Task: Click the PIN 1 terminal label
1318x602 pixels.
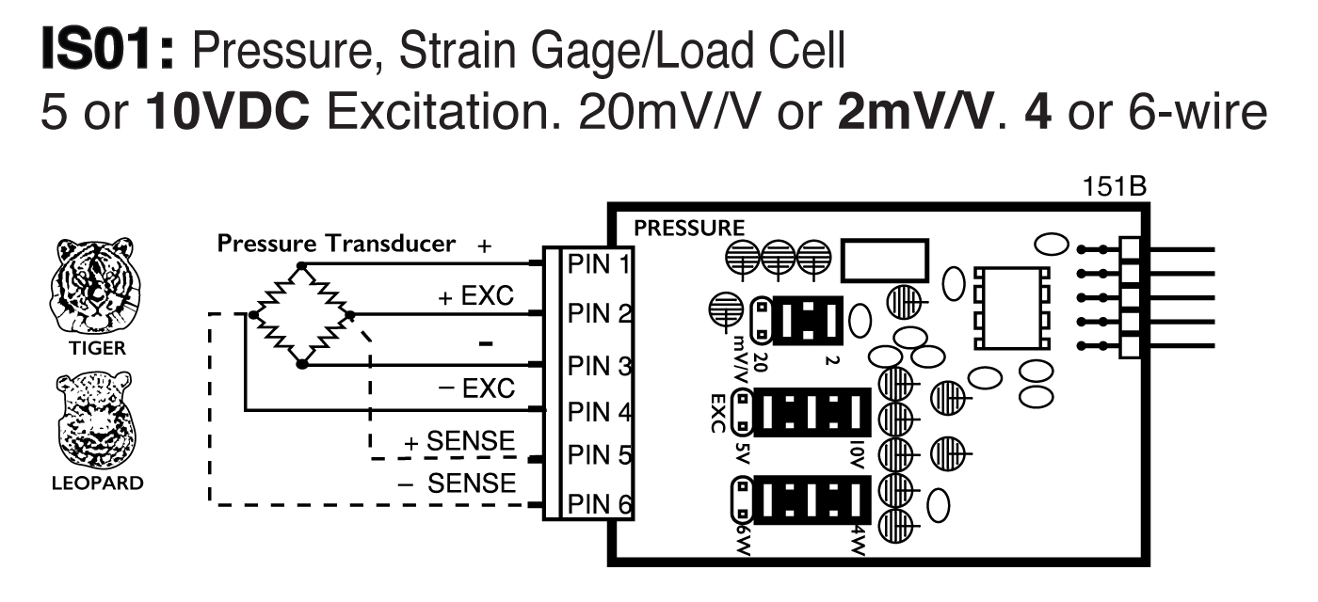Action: pyautogui.click(x=597, y=263)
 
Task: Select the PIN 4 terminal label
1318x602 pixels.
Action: pyautogui.click(x=597, y=412)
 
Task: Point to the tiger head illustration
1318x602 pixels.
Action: pyautogui.click(x=93, y=287)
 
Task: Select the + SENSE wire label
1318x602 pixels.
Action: pyautogui.click(x=460, y=441)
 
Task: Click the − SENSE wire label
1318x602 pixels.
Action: pyautogui.click(x=458, y=484)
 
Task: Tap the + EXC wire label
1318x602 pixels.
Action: pyautogui.click(x=475, y=297)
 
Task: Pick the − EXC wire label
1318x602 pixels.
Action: pyautogui.click(x=475, y=387)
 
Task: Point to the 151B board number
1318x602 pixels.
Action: pyautogui.click(x=1116, y=187)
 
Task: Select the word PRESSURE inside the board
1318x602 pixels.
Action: pyautogui.click(x=689, y=228)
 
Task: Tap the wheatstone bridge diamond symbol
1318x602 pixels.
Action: pyautogui.click(x=301, y=315)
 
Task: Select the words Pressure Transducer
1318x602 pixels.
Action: pyautogui.click(x=336, y=244)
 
